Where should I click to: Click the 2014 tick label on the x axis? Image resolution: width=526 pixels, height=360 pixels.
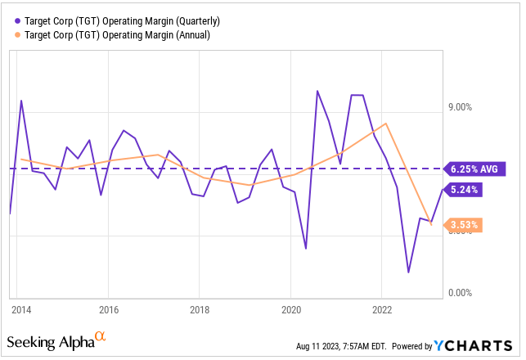coord(21,310)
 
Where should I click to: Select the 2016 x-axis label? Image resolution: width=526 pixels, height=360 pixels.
coord(109,310)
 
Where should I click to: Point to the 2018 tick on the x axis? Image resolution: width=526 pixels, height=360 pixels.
coord(200,310)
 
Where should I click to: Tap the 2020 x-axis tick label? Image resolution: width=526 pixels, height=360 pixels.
coord(292,310)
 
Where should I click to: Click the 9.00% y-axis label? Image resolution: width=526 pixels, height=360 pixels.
coord(462,107)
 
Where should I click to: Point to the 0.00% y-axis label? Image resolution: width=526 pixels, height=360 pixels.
coord(462,292)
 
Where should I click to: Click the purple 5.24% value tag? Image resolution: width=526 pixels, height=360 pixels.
coord(465,189)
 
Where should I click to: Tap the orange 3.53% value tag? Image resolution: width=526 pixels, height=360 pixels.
coord(465,224)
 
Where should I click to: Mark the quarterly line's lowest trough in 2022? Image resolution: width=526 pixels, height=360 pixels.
coord(407,272)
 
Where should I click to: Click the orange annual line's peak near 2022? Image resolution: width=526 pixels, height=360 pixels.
coord(385,124)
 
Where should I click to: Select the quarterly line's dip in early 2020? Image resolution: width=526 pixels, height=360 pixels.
coord(305,249)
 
